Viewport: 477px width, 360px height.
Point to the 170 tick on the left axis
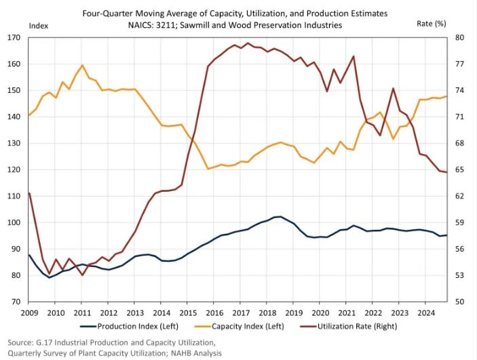[16, 37]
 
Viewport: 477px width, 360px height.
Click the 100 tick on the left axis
[16, 222]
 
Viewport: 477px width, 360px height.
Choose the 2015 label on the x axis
[188, 313]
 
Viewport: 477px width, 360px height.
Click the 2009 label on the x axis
[29, 313]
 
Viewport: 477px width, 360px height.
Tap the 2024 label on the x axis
[426, 313]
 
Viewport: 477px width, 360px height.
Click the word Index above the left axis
[38, 24]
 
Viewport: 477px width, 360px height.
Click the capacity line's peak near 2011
[82, 66]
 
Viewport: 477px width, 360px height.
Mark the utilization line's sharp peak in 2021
[354, 56]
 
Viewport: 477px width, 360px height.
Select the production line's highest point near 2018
[280, 216]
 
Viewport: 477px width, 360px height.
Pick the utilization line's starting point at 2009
[28, 193]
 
